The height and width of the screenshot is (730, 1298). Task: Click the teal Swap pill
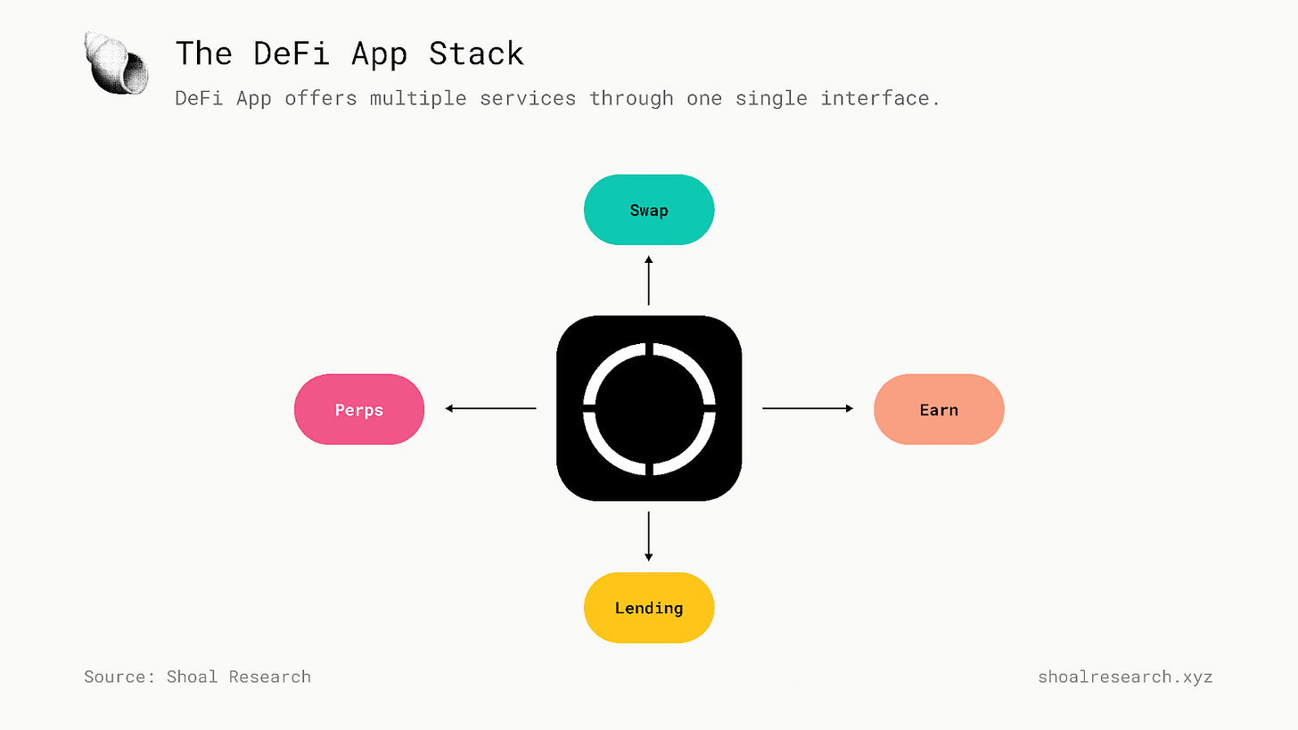pos(649,210)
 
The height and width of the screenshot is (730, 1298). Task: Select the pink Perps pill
pos(359,410)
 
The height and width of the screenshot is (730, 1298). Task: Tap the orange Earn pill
pos(939,410)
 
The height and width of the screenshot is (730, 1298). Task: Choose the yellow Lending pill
pos(649,608)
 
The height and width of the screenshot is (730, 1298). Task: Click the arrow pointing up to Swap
pos(649,281)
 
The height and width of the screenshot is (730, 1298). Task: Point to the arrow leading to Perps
pos(490,408)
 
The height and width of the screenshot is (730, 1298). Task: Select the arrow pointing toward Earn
pos(808,408)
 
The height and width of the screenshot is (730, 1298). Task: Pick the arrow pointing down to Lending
pos(649,536)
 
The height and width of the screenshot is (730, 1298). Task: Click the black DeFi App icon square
pos(649,408)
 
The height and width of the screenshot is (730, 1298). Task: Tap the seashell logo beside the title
pos(117,62)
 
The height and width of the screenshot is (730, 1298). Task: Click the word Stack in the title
pos(476,53)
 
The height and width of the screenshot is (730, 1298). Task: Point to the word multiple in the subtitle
pos(418,98)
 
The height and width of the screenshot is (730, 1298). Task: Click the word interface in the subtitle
pos(879,98)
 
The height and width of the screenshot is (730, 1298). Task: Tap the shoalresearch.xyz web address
pos(1125,677)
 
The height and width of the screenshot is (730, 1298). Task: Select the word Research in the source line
pos(269,677)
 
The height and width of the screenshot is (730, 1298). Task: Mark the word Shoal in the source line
pos(192,677)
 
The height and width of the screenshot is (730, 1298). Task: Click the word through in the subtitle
pos(631,98)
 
